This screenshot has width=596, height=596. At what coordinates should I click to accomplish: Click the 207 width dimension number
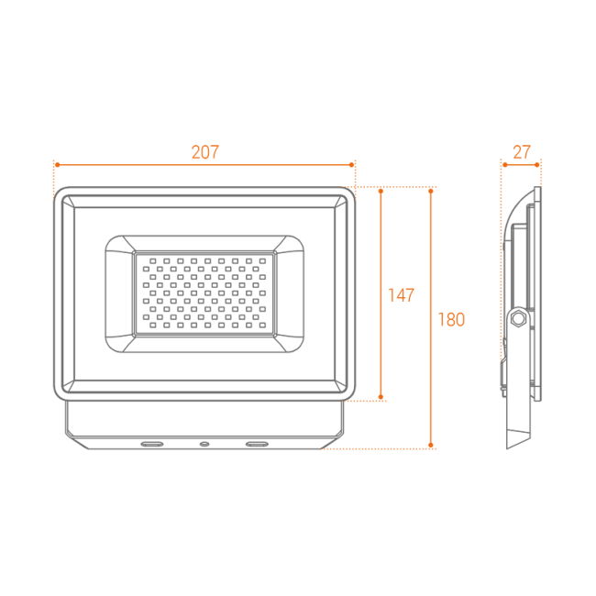[205, 152]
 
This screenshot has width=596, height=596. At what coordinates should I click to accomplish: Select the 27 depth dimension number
[522, 152]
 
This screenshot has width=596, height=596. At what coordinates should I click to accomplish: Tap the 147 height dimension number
[401, 295]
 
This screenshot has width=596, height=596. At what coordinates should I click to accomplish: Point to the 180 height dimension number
[451, 320]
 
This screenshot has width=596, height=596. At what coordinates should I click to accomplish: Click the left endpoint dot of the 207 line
[58, 164]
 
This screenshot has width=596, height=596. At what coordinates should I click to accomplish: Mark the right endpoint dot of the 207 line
[351, 164]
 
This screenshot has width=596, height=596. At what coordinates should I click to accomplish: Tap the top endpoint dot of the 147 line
[381, 192]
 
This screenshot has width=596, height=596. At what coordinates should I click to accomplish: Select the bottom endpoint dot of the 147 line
[381, 397]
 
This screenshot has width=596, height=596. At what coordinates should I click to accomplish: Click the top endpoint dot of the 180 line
[431, 192]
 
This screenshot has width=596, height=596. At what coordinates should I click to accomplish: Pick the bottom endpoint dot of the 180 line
[431, 445]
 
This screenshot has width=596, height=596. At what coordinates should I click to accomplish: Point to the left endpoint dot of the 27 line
[505, 164]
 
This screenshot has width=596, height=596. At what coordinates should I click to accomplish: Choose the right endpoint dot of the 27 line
[536, 164]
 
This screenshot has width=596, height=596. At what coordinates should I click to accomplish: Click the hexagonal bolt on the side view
[518, 318]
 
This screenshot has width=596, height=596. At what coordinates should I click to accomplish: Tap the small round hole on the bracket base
[204, 444]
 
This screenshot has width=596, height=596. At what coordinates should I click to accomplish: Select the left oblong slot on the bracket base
[152, 444]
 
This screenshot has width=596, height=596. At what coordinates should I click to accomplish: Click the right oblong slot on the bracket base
[257, 444]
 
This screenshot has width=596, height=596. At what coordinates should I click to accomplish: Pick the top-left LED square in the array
[153, 261]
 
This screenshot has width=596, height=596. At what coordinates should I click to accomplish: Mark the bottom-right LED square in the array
[262, 326]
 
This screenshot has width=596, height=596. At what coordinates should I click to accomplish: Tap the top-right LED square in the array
[262, 261]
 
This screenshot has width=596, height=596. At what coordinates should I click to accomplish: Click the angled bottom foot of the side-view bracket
[518, 438]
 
